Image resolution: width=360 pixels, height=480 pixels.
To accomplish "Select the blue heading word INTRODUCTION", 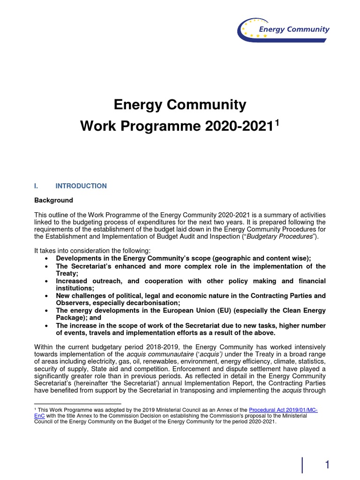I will (81, 186).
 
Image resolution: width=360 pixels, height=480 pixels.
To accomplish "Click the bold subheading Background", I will (54, 200).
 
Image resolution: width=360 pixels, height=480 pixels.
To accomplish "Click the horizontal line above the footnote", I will (78, 403).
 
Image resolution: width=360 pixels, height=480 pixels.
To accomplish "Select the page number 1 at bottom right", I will (328, 465).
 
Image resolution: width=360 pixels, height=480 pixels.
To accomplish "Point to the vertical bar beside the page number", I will (302, 465).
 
